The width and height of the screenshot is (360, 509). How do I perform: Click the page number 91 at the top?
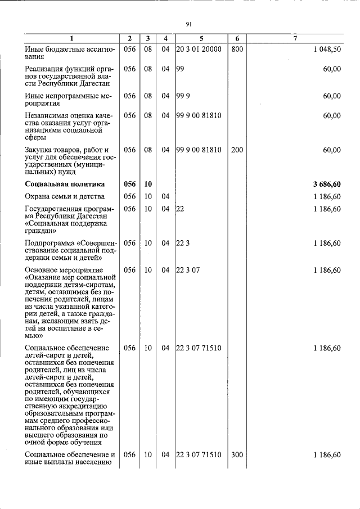(x=189, y=24)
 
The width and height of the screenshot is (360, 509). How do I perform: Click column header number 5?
(x=201, y=38)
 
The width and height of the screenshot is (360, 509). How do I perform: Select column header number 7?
(x=295, y=38)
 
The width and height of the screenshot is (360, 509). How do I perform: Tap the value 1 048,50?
(x=327, y=49)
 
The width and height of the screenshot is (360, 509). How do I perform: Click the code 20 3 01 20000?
(x=199, y=49)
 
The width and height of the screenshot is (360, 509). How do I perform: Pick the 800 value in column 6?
(x=237, y=49)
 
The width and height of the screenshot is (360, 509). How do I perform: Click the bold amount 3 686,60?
(x=327, y=184)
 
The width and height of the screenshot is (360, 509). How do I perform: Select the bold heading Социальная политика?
(x=65, y=184)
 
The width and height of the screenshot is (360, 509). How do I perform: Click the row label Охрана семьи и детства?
(x=65, y=196)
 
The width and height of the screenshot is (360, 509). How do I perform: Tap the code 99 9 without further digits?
(x=182, y=96)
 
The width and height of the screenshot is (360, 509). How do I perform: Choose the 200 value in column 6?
(x=237, y=150)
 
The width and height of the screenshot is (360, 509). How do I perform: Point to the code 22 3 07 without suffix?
(x=188, y=270)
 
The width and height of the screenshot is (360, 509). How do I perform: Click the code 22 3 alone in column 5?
(x=182, y=243)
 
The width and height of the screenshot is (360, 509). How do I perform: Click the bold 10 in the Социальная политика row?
(x=148, y=184)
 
